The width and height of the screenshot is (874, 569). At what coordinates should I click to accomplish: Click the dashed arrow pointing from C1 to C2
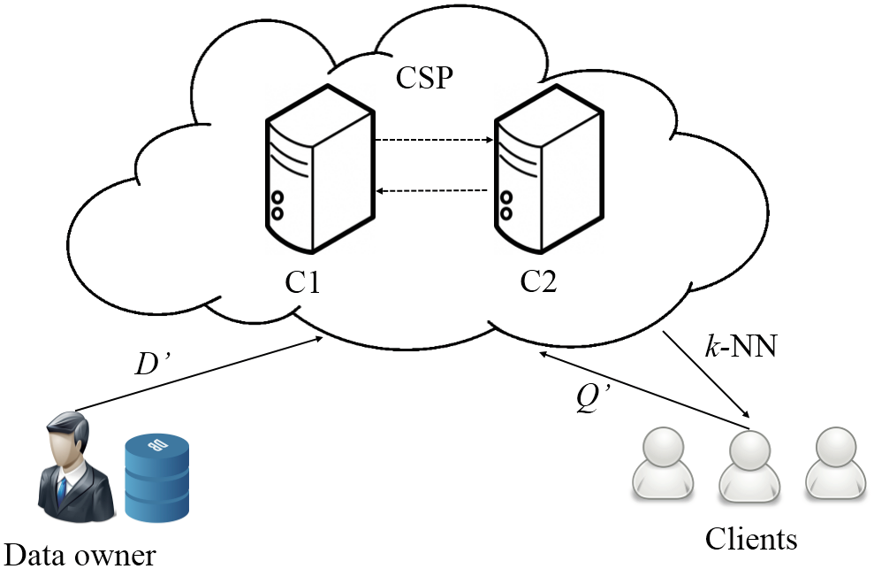pyautogui.click(x=433, y=140)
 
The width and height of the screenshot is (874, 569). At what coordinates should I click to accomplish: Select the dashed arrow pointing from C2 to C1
pyautogui.click(x=433, y=189)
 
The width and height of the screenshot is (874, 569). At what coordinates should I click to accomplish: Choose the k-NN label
pyautogui.click(x=740, y=346)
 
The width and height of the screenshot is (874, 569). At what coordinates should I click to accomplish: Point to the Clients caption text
pyautogui.click(x=751, y=538)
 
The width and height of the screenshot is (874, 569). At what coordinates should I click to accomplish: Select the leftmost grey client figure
pyautogui.click(x=661, y=464)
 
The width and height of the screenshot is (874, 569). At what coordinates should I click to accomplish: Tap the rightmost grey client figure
pyautogui.click(x=834, y=464)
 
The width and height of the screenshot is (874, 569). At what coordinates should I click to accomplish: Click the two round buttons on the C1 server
pyautogui.click(x=277, y=205)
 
